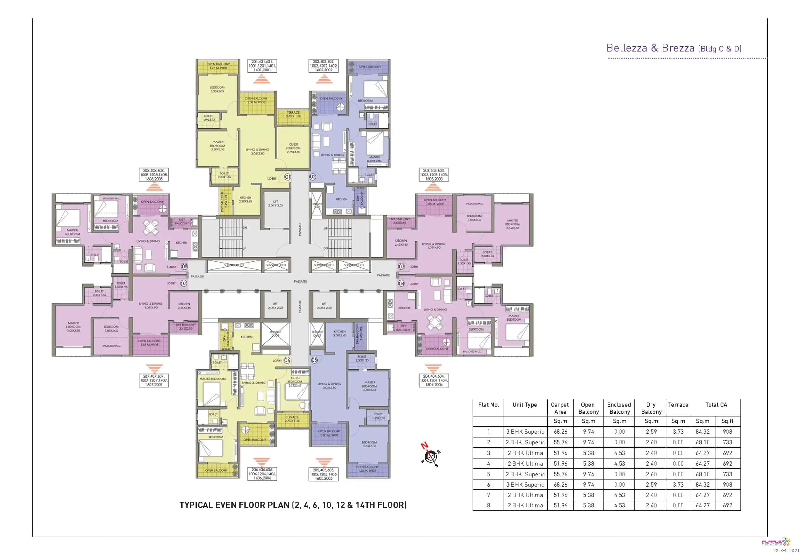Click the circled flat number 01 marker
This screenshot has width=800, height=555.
point(287,177)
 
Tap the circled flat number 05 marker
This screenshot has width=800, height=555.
point(314,360)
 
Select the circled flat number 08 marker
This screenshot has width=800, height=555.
point(184,266)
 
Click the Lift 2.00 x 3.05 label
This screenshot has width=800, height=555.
point(275,203)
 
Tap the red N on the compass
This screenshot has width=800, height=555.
point(424,445)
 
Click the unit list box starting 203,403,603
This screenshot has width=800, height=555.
point(433,175)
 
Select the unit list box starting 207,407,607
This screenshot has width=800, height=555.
point(154,380)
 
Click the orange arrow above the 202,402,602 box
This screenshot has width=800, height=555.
point(324,79)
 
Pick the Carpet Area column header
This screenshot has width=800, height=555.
point(559,408)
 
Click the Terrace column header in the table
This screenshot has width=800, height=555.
point(678,405)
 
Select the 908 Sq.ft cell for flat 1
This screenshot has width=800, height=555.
point(727,432)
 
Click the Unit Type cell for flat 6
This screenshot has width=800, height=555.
point(525,485)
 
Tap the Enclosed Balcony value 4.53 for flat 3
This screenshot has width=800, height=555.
point(619,453)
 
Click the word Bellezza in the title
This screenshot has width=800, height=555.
point(626,48)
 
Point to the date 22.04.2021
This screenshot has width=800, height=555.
point(786,551)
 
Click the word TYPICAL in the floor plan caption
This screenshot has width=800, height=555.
point(196,505)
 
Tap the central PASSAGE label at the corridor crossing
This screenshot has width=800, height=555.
point(300,281)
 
